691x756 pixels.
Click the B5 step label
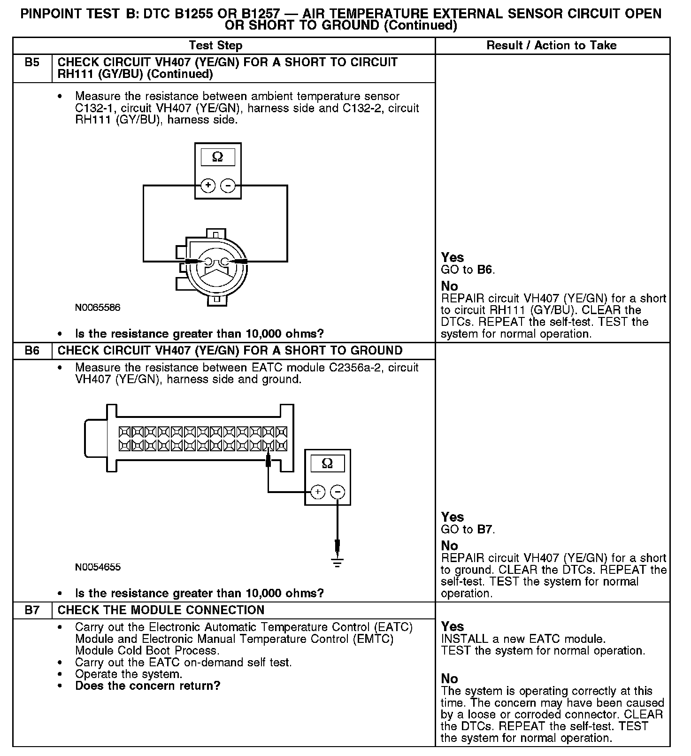tap(32, 62)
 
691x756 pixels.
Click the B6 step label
tap(32, 351)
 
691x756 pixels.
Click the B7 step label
tap(32, 610)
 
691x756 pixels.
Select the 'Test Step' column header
tap(215, 46)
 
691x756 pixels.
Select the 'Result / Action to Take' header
tap(552, 46)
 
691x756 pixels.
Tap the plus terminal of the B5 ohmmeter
tap(208, 185)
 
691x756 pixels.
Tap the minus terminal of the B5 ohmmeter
tap(228, 185)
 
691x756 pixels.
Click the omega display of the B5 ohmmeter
tap(218, 157)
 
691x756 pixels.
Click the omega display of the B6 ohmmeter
tap(327, 463)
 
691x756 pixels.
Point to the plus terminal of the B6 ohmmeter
tap(318, 492)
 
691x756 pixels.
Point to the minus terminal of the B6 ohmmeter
tap(338, 492)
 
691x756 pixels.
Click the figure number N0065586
tap(98, 308)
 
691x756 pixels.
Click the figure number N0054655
tap(98, 567)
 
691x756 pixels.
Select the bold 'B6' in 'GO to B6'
tap(485, 270)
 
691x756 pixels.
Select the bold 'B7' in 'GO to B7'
tap(485, 530)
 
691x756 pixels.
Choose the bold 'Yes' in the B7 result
tap(453, 626)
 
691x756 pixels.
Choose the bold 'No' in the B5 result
tap(449, 286)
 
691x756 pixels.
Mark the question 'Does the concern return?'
tap(147, 686)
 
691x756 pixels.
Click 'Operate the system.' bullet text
tap(128, 674)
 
